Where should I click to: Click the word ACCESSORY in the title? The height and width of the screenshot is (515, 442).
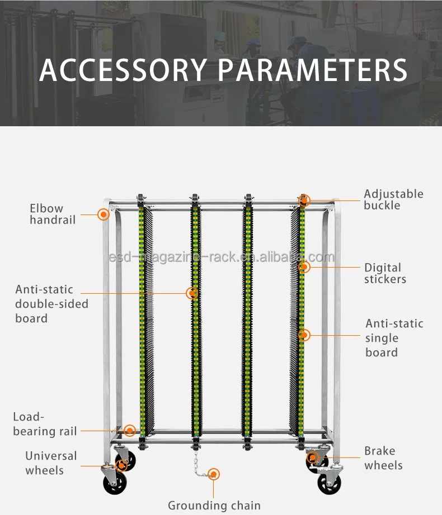[x=123, y=69]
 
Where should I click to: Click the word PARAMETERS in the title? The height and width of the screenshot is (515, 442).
[x=312, y=69]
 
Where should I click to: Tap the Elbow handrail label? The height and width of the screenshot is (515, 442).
[x=53, y=214]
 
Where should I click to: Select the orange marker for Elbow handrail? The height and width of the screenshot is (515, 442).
[x=103, y=214]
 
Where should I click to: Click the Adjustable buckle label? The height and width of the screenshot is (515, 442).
[x=393, y=199]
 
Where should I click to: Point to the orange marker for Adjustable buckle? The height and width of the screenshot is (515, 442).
[x=304, y=201]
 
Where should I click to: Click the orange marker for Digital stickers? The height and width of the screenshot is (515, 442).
[x=304, y=267]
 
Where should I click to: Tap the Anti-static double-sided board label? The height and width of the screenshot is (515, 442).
[x=51, y=304]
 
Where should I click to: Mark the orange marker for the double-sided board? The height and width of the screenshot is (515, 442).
[x=192, y=293]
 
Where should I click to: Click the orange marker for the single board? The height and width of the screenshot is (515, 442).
[x=304, y=335]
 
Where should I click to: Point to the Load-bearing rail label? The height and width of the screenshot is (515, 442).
[x=45, y=424]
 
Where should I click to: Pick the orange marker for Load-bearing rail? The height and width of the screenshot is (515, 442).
[x=130, y=430]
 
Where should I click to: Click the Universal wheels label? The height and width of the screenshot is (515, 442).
[x=51, y=463]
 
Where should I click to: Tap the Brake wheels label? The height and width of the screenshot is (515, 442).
[x=383, y=458]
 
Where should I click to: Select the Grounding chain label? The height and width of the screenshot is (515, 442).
[x=214, y=506]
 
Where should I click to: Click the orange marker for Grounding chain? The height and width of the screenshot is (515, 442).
[x=214, y=474]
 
